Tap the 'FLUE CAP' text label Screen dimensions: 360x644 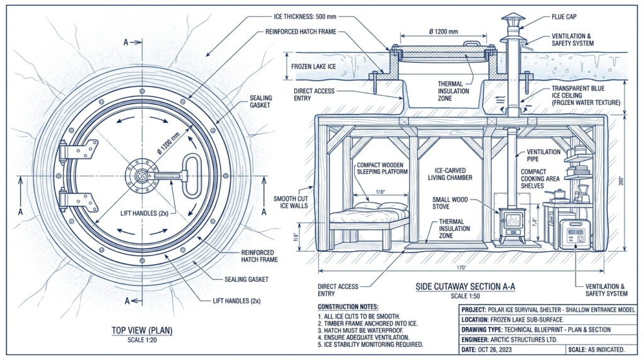tap(565, 18)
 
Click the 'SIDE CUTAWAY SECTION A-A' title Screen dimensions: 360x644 tap(465, 287)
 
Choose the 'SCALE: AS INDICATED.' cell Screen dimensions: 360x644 tap(596, 349)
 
